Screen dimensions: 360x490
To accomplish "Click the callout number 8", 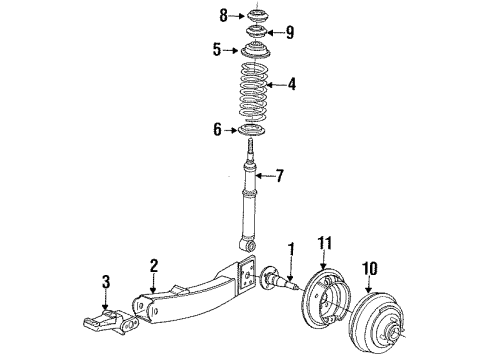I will click(x=223, y=14).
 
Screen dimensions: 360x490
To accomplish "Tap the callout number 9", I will click(x=290, y=31).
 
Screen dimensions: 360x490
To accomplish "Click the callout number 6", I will click(x=216, y=130).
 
